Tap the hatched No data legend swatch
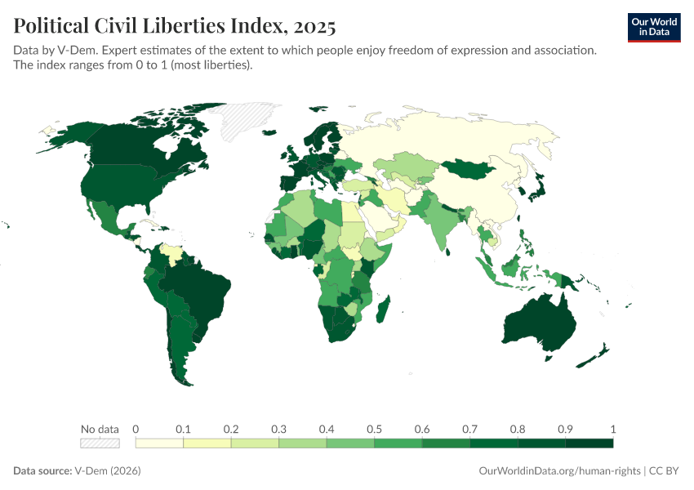pyautogui.click(x=100, y=443)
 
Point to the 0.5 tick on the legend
pyautogui.click(x=374, y=429)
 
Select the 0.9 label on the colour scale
pyautogui.click(x=565, y=429)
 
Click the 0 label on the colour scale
pyautogui.click(x=136, y=429)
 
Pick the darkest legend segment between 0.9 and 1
pyautogui.click(x=589, y=443)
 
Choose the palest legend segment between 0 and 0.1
pyautogui.click(x=159, y=443)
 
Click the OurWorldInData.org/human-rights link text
pyautogui.click(x=558, y=471)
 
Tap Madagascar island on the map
pyautogui.click(x=382, y=311)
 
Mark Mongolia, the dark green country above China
pyautogui.click(x=471, y=168)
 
